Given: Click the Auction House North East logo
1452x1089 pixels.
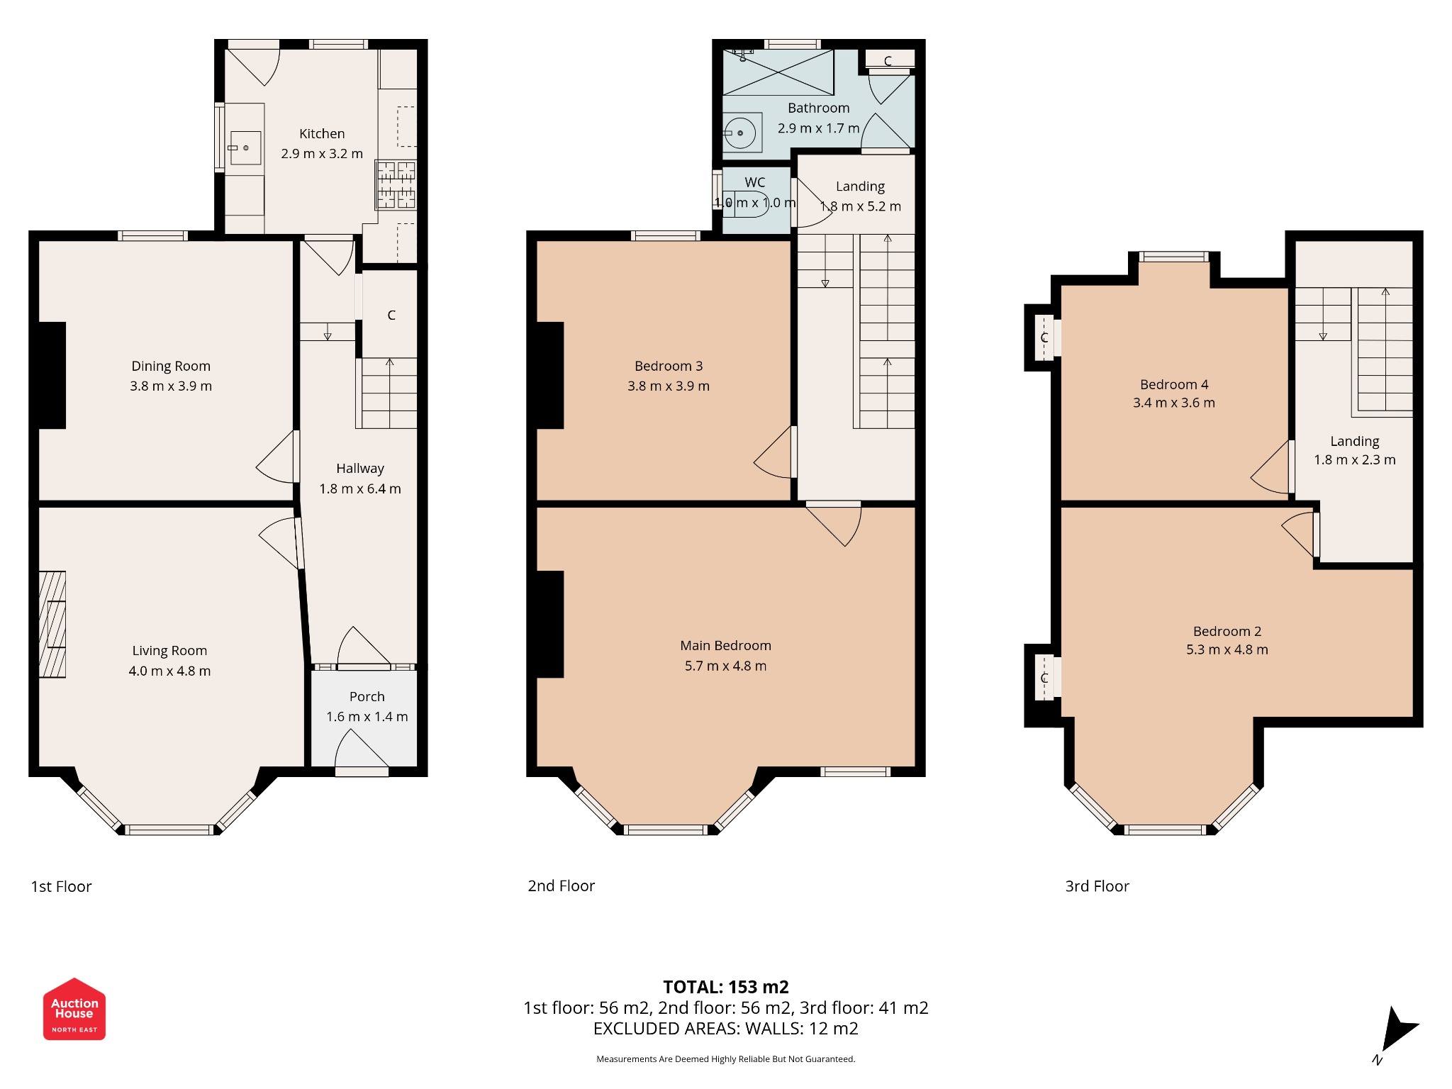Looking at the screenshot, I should click(x=74, y=1010).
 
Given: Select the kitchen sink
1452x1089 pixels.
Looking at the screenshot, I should click(x=245, y=147).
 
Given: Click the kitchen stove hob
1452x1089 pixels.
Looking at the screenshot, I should click(x=396, y=185).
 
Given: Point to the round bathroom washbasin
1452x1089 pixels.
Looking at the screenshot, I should click(x=740, y=133).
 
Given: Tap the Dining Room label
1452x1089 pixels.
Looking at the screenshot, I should click(x=171, y=366).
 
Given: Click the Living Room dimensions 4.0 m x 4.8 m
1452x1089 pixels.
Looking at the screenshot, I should click(x=169, y=671).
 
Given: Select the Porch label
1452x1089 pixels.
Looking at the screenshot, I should click(x=367, y=696).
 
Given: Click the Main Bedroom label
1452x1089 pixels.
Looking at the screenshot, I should click(x=725, y=645).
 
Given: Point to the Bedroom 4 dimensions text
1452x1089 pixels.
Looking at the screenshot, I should click(x=1173, y=403).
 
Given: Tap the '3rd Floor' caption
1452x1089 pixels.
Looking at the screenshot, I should click(x=1097, y=886).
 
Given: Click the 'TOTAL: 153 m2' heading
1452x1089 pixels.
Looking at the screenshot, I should click(x=725, y=987).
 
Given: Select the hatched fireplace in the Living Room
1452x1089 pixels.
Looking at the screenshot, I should click(x=52, y=624).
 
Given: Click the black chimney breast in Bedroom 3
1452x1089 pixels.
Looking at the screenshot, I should click(x=550, y=375).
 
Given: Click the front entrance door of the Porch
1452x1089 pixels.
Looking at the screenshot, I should click(x=362, y=752).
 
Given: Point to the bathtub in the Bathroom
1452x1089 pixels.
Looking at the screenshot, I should click(x=778, y=72).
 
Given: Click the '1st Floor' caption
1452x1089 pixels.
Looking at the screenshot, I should click(x=61, y=886).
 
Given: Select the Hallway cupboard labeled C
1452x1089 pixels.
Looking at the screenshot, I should click(x=391, y=315).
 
